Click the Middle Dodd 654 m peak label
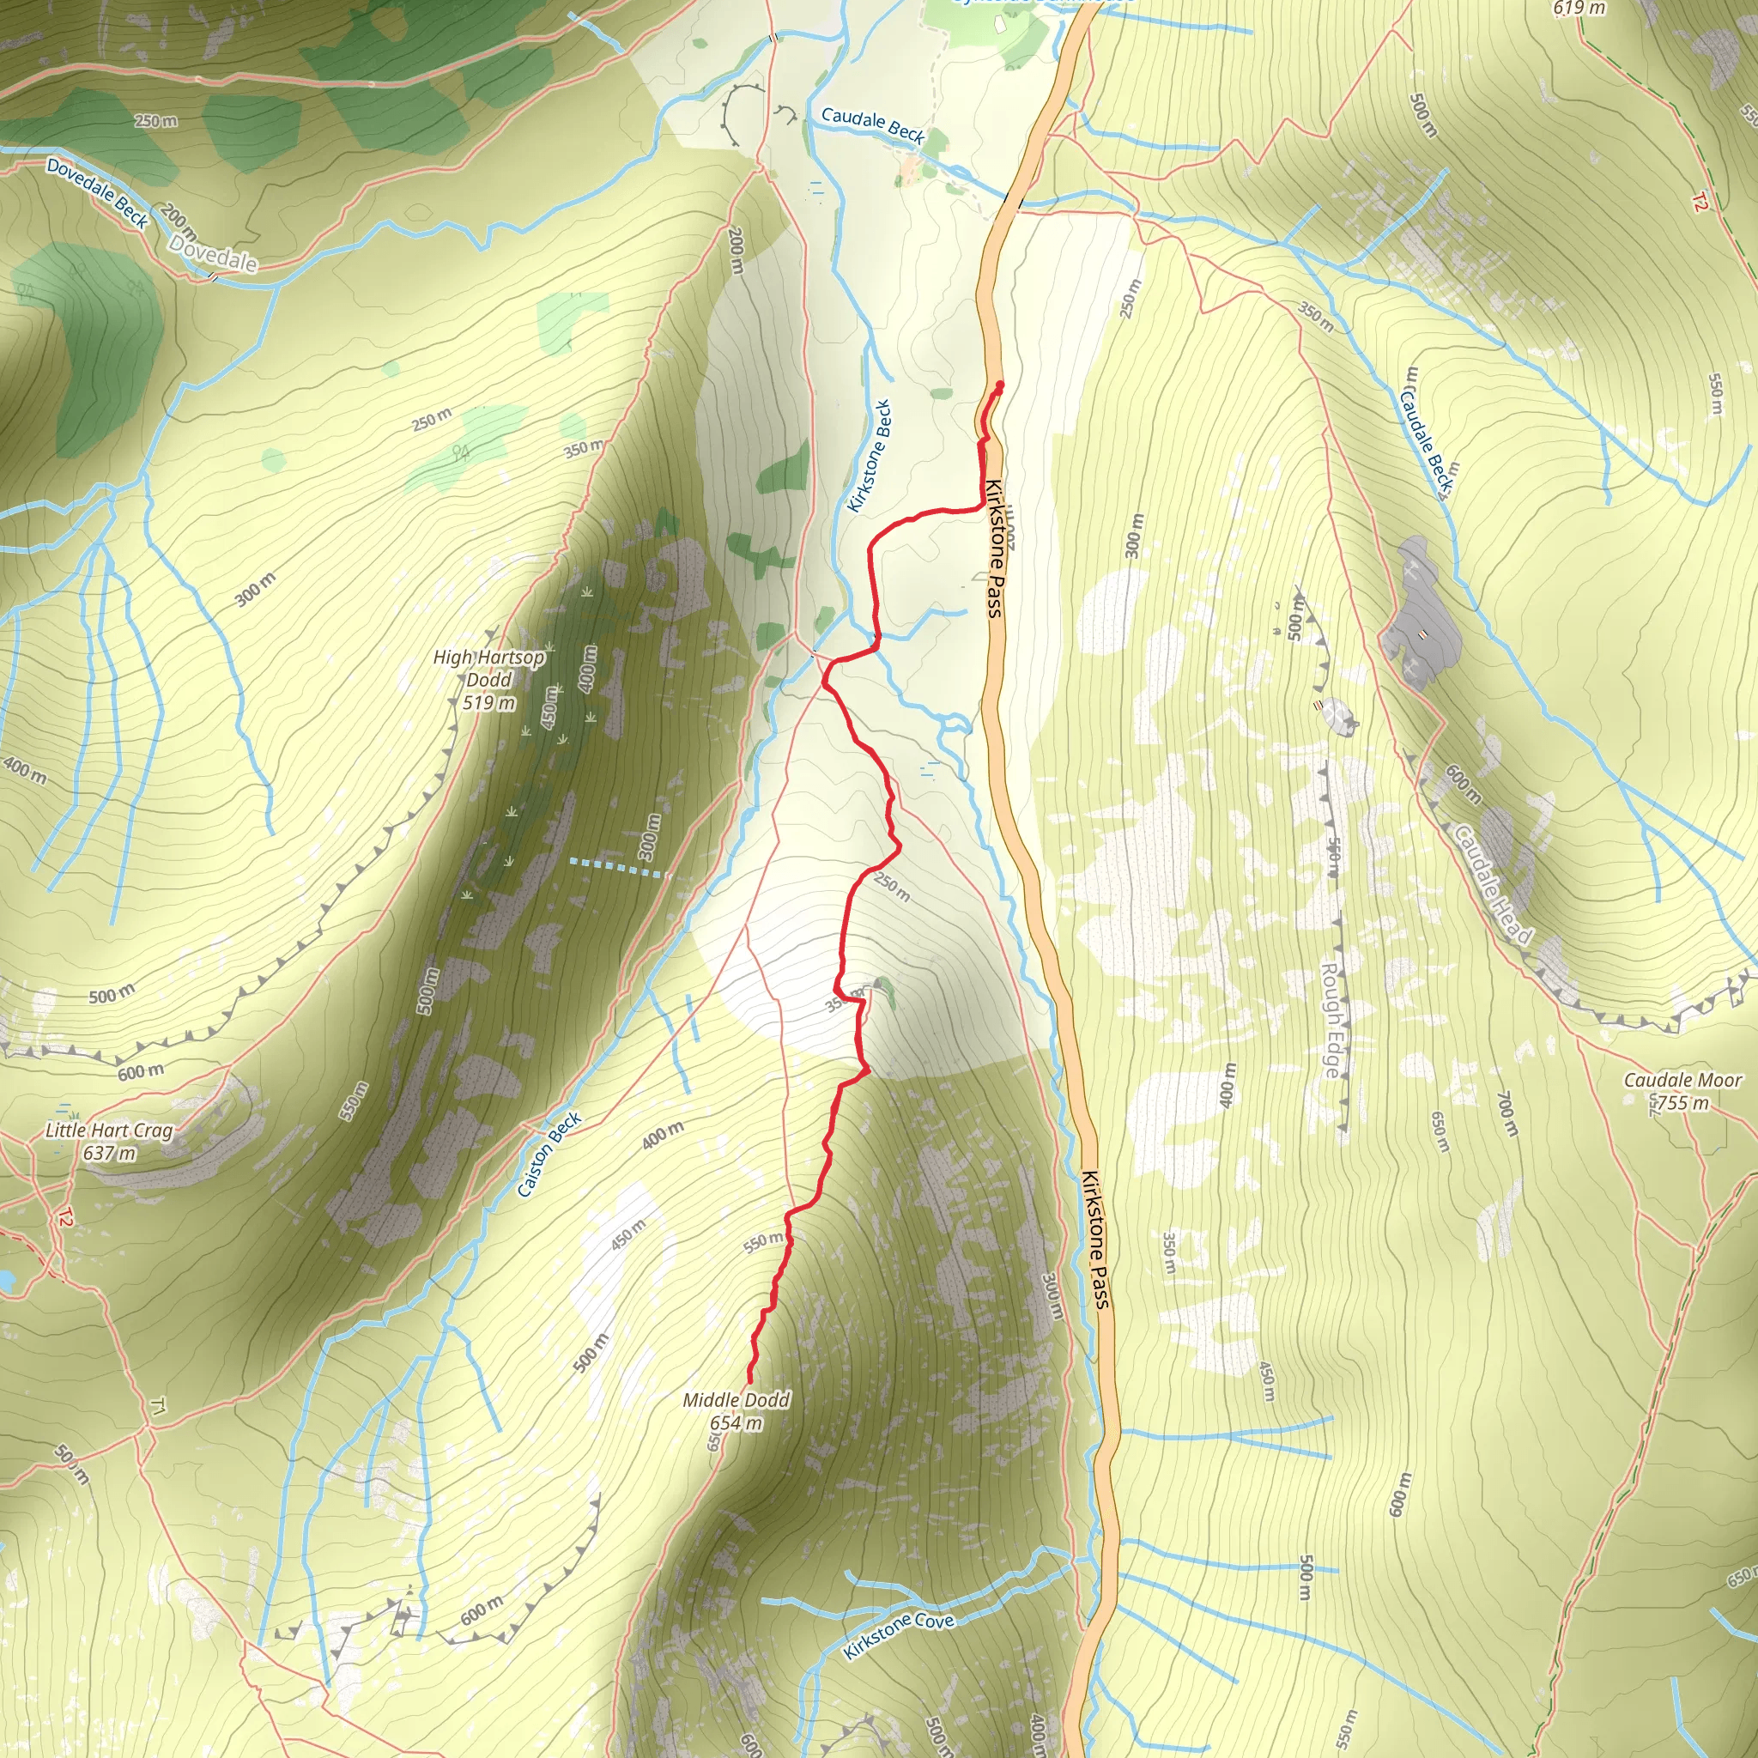(737, 1411)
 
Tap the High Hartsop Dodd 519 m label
(488, 679)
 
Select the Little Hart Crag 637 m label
(109, 1141)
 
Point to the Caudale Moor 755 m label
(1682, 1091)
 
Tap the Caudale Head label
(1492, 883)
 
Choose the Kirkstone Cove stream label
(898, 1635)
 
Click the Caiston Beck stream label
(549, 1155)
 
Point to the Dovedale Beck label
(96, 192)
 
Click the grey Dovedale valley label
(213, 254)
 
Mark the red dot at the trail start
(999, 385)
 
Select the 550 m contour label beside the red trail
(762, 1242)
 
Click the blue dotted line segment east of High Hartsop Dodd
(616, 866)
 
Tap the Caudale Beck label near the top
(873, 125)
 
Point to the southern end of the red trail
(749, 1382)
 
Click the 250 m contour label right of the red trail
(892, 886)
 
